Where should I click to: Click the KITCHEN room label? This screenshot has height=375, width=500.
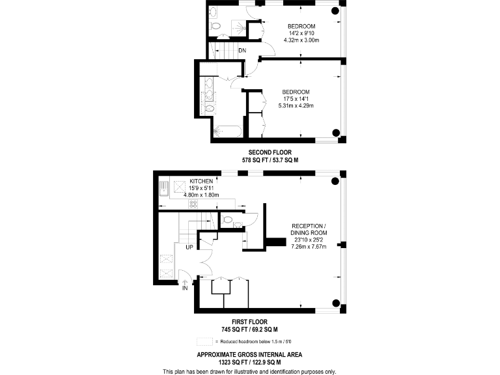click(x=202, y=181)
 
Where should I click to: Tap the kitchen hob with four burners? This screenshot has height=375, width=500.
click(x=193, y=203)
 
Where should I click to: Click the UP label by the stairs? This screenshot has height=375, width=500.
click(x=189, y=247)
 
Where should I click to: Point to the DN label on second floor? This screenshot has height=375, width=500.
click(x=242, y=50)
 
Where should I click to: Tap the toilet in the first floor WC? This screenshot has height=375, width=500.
click(x=227, y=220)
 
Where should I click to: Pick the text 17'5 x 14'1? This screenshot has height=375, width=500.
click(x=296, y=98)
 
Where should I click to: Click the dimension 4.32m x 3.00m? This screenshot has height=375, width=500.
click(x=301, y=40)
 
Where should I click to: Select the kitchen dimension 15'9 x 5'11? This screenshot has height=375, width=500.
click(x=201, y=187)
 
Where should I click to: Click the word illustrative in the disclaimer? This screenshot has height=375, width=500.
click(x=251, y=371)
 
